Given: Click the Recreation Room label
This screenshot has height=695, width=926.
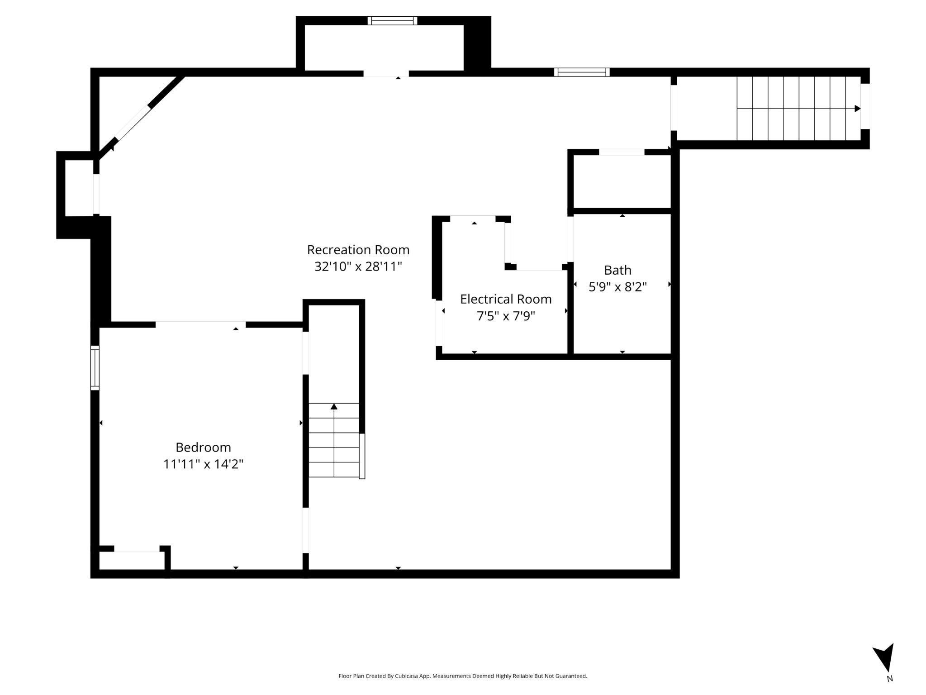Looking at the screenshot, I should coord(358,250).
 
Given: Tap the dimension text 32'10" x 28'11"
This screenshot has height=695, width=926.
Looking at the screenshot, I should coord(358,267).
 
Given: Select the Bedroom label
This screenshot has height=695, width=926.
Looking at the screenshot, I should coord(203,447).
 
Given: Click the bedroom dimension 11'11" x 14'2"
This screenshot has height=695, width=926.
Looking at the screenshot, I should coord(203,464).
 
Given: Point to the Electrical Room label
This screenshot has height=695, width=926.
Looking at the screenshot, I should coord(506,299).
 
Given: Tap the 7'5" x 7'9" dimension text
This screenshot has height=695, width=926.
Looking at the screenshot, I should coord(506,316).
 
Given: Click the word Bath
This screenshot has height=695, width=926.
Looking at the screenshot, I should coord(617,270).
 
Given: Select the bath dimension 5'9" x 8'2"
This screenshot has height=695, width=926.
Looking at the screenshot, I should coord(617,287).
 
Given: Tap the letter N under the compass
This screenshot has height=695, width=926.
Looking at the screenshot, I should coord(889,679).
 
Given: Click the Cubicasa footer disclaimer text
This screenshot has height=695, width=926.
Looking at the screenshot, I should coord(463,676).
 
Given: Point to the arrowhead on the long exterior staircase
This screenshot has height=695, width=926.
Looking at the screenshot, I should coord(857,109).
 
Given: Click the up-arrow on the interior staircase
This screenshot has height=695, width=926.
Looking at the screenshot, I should coord(334,406).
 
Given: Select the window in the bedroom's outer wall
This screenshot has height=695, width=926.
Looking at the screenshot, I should coord(95,367).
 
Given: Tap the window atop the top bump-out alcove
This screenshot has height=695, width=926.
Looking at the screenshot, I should coord(392,20).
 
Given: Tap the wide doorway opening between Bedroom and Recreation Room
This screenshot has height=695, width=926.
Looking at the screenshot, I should coord(200,324).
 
